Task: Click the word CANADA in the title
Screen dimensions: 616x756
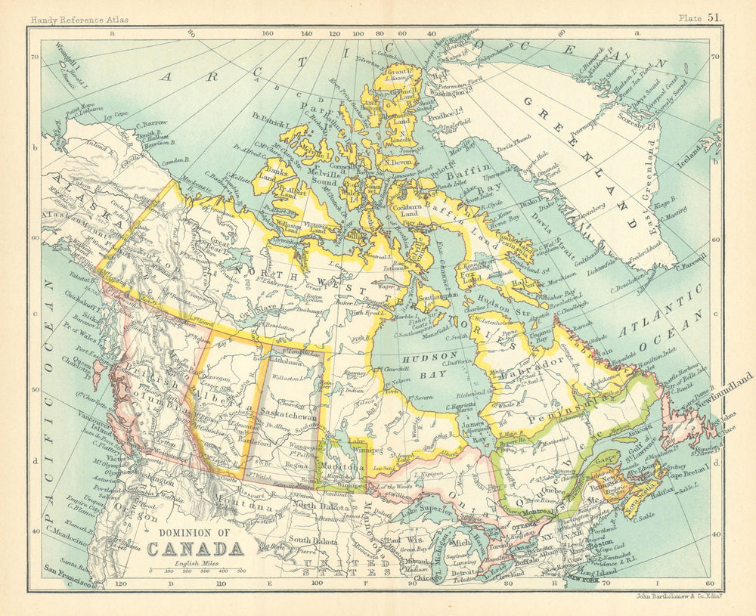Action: point(195,547)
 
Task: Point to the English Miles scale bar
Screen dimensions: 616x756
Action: point(195,571)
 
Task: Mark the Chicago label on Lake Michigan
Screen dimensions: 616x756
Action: point(404,579)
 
